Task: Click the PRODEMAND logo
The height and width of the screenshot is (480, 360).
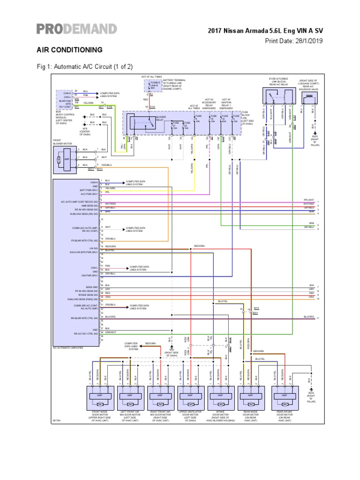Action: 76,29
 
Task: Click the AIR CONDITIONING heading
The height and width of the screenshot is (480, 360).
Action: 69,49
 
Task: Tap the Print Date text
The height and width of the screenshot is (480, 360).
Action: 294,41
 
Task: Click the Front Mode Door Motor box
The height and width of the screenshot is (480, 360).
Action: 99,397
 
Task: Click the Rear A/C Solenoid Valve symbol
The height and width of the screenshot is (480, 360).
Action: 310,100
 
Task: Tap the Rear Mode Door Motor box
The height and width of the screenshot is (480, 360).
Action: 251,397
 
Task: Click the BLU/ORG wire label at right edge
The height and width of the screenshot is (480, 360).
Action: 308,317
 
